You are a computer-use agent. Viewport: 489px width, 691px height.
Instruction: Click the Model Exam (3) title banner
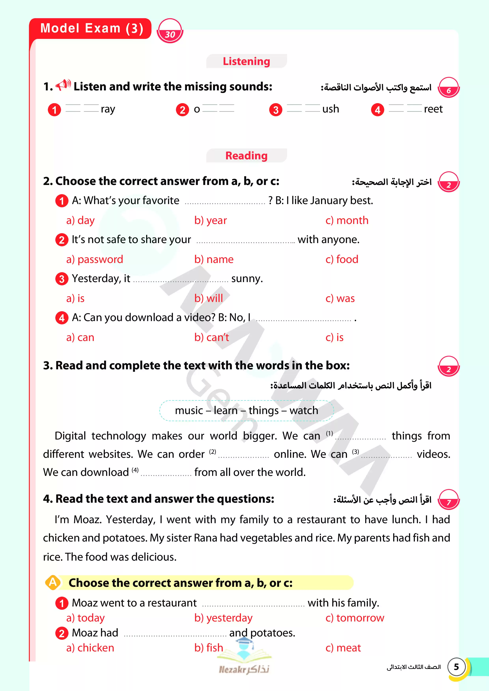click(91, 28)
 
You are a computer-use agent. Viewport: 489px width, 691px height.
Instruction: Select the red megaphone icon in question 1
click(63, 85)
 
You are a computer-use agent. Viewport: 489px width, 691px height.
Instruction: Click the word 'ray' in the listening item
click(108, 109)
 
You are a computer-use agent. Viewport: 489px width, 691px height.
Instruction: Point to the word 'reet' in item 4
click(433, 109)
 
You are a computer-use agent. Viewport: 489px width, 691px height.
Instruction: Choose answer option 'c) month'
click(347, 220)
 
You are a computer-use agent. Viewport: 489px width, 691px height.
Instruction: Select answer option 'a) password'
click(95, 259)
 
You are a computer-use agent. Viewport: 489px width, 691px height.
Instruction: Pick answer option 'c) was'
click(340, 298)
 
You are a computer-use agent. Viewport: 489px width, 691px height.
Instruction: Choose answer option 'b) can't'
click(212, 337)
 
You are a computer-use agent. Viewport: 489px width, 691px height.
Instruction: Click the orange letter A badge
click(53, 582)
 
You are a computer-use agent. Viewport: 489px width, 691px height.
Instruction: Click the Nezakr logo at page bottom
click(244, 661)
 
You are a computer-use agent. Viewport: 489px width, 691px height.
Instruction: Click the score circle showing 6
click(448, 88)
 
